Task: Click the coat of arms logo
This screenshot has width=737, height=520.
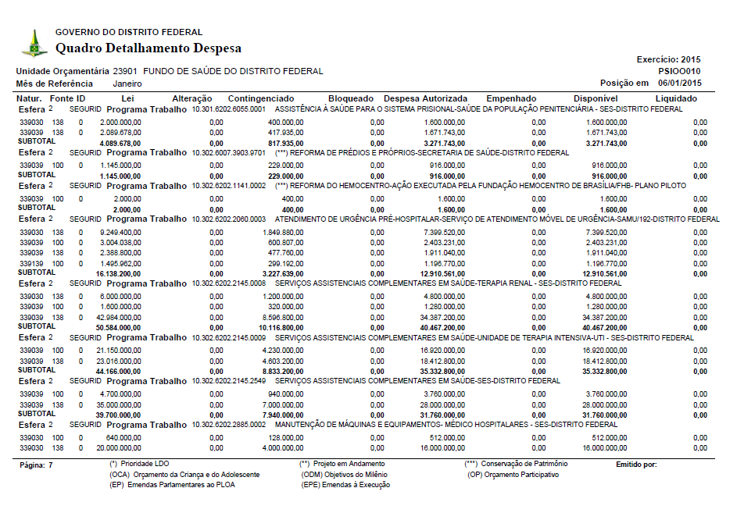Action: tap(34, 44)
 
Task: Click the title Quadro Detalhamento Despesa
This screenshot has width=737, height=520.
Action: tap(148, 48)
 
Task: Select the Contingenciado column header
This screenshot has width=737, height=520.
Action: tap(260, 98)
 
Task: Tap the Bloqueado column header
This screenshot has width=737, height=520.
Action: tap(351, 98)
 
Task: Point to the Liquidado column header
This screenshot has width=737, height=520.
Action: tap(676, 98)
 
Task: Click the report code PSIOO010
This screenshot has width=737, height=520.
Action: tap(680, 71)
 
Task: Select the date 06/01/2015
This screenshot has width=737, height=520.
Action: tap(680, 83)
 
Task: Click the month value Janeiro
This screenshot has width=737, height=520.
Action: tap(128, 83)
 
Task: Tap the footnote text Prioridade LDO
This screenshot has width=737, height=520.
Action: tap(139, 465)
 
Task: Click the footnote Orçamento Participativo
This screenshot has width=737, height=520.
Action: tap(513, 475)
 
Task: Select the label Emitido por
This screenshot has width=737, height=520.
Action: tap(636, 465)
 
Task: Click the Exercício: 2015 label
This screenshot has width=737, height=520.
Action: tap(669, 59)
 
